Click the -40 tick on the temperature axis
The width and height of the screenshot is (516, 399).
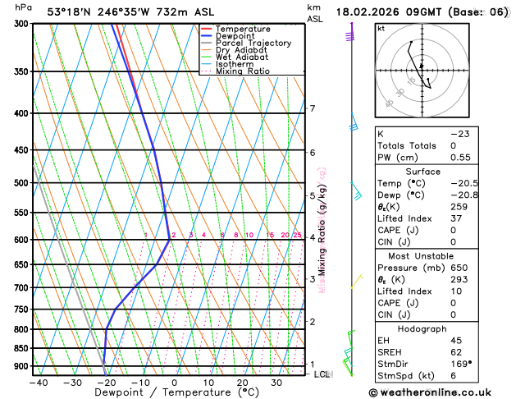coord(38,383)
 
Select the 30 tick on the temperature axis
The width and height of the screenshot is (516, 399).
coord(276,383)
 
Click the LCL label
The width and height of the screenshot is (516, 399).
coord(322,374)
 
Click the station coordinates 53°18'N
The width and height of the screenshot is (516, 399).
coord(69,11)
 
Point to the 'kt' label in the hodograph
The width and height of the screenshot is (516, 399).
coord(381,29)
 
